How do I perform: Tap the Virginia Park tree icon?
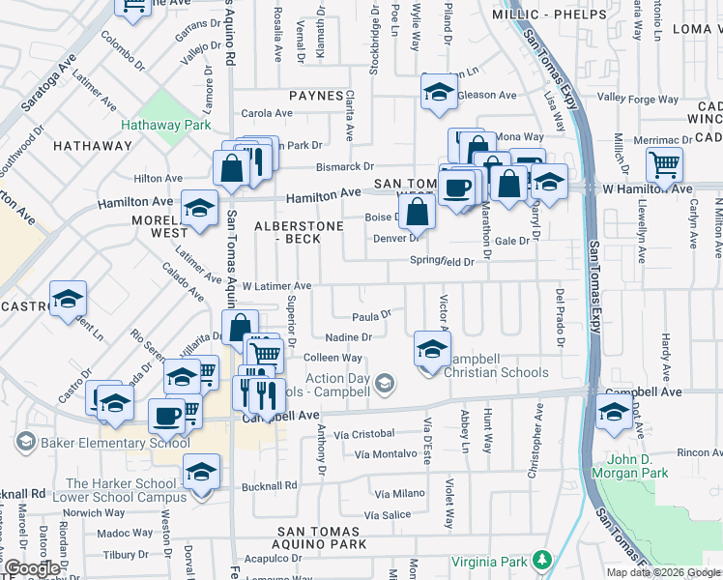tap(542, 560)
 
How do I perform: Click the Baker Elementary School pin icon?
tap(24, 443)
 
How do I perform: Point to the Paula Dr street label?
tap(370, 315)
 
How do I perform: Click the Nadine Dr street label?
tap(349, 337)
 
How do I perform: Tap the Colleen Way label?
tap(332, 358)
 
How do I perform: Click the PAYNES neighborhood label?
tap(316, 96)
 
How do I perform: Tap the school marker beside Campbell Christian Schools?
tap(431, 350)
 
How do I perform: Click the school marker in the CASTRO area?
tap(68, 299)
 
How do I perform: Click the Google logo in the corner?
tap(31, 568)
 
